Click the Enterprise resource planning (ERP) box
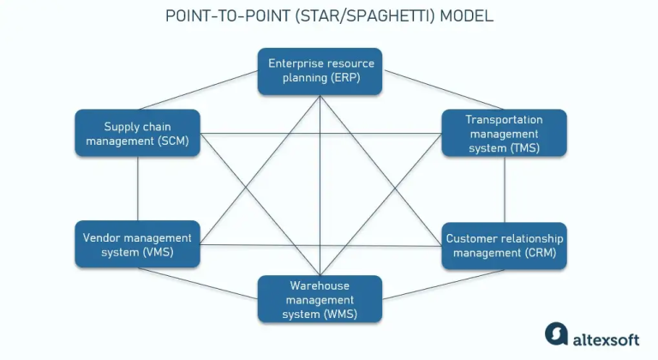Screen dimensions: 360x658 coord(320,71)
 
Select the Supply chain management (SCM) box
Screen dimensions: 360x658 coord(138,133)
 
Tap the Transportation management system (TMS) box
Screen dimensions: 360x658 coord(504,133)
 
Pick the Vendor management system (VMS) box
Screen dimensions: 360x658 coord(138,244)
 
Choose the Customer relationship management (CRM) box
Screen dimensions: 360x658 coord(504,246)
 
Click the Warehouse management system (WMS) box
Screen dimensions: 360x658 coord(320,299)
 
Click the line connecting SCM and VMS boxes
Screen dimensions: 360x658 coord(138,189)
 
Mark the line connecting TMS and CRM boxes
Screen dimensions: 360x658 coord(504,189)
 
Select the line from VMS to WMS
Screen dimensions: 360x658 coord(214,283)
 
